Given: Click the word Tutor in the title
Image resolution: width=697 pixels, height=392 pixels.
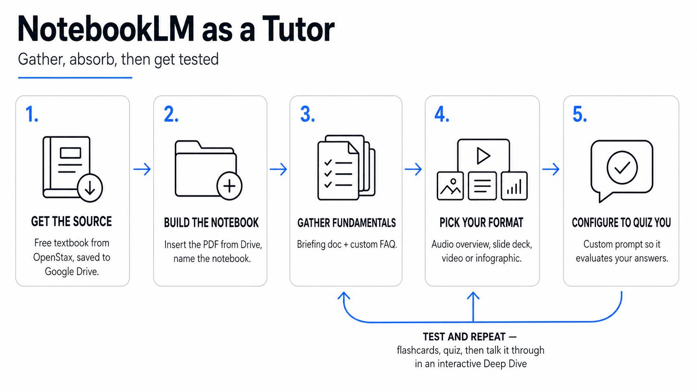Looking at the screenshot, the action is click(x=298, y=29).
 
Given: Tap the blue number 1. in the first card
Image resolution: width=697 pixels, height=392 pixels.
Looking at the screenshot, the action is click(x=32, y=114).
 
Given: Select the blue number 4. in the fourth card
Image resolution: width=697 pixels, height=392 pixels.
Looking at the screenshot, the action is click(x=442, y=114).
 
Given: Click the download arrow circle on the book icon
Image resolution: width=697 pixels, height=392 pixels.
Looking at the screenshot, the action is click(x=90, y=188).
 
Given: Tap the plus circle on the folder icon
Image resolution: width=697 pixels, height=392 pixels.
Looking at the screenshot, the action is click(x=229, y=186).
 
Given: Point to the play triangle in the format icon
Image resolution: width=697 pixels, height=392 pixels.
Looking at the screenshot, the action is click(x=483, y=156).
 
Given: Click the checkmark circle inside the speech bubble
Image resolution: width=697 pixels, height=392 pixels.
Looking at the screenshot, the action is click(x=622, y=167).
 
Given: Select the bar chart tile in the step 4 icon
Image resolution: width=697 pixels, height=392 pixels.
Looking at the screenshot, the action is click(x=514, y=186).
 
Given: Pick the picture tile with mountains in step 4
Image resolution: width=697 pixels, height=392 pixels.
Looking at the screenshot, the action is click(x=450, y=186).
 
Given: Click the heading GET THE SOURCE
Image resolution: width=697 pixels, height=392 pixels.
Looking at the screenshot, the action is click(x=72, y=222).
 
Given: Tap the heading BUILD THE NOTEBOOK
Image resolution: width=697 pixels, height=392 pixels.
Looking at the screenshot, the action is click(x=211, y=222).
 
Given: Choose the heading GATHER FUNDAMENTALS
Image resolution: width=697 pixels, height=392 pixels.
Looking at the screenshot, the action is click(x=347, y=223).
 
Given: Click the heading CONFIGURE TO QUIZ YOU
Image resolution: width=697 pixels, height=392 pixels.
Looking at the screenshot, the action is click(x=622, y=222).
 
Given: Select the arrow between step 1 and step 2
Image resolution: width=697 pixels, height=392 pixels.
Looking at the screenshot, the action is click(x=142, y=169).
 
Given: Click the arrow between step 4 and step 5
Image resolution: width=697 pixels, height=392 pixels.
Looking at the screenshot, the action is click(x=551, y=169).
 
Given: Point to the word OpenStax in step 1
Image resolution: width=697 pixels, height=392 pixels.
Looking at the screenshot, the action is click(x=53, y=258).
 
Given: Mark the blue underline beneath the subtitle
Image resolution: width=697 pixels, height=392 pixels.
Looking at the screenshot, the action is click(x=75, y=77).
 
